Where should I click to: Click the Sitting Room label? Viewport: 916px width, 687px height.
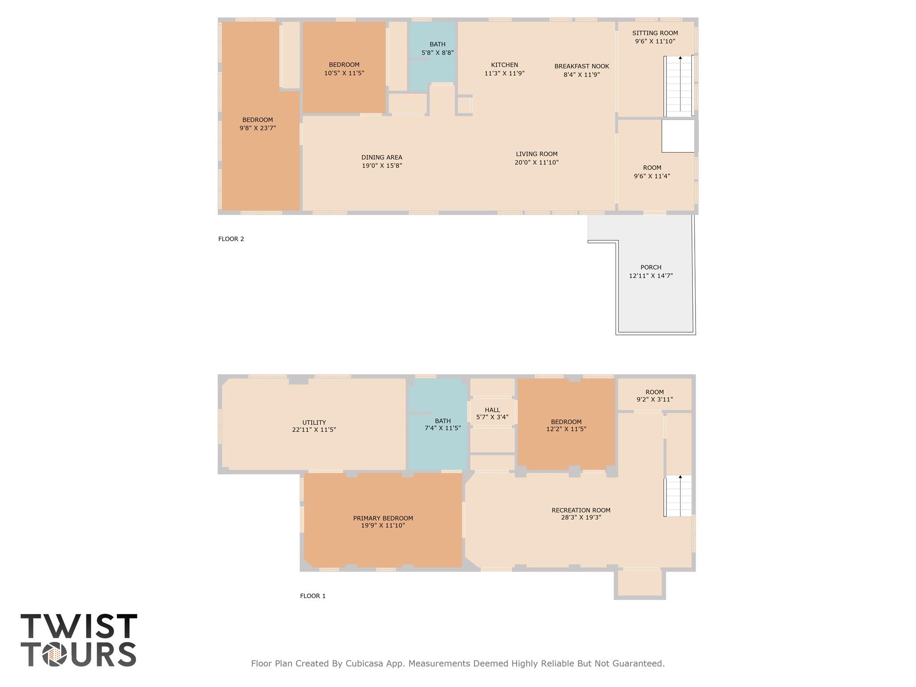(x=655, y=33)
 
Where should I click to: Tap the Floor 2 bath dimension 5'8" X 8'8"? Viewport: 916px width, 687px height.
(x=437, y=53)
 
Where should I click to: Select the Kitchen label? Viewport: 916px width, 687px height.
(x=504, y=65)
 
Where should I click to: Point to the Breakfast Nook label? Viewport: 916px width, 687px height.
(x=581, y=66)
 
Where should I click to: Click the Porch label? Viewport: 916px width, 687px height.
(x=651, y=267)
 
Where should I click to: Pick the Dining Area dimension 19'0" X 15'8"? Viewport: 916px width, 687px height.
(x=382, y=166)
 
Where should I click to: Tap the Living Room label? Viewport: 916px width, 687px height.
(x=536, y=154)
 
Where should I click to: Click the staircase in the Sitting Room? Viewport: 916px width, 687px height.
(x=679, y=85)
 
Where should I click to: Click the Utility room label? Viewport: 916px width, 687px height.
(x=314, y=422)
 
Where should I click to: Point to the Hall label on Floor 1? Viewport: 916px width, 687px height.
(x=492, y=410)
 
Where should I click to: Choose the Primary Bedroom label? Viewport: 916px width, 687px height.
(x=383, y=518)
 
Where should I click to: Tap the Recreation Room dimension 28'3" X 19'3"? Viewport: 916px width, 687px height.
(x=581, y=517)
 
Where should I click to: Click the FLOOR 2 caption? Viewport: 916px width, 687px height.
(x=231, y=239)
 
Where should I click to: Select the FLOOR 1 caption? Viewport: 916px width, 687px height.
(x=313, y=596)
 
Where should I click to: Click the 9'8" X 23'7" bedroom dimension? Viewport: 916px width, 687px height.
(x=258, y=128)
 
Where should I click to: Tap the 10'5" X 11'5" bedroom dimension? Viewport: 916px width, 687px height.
(x=344, y=73)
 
